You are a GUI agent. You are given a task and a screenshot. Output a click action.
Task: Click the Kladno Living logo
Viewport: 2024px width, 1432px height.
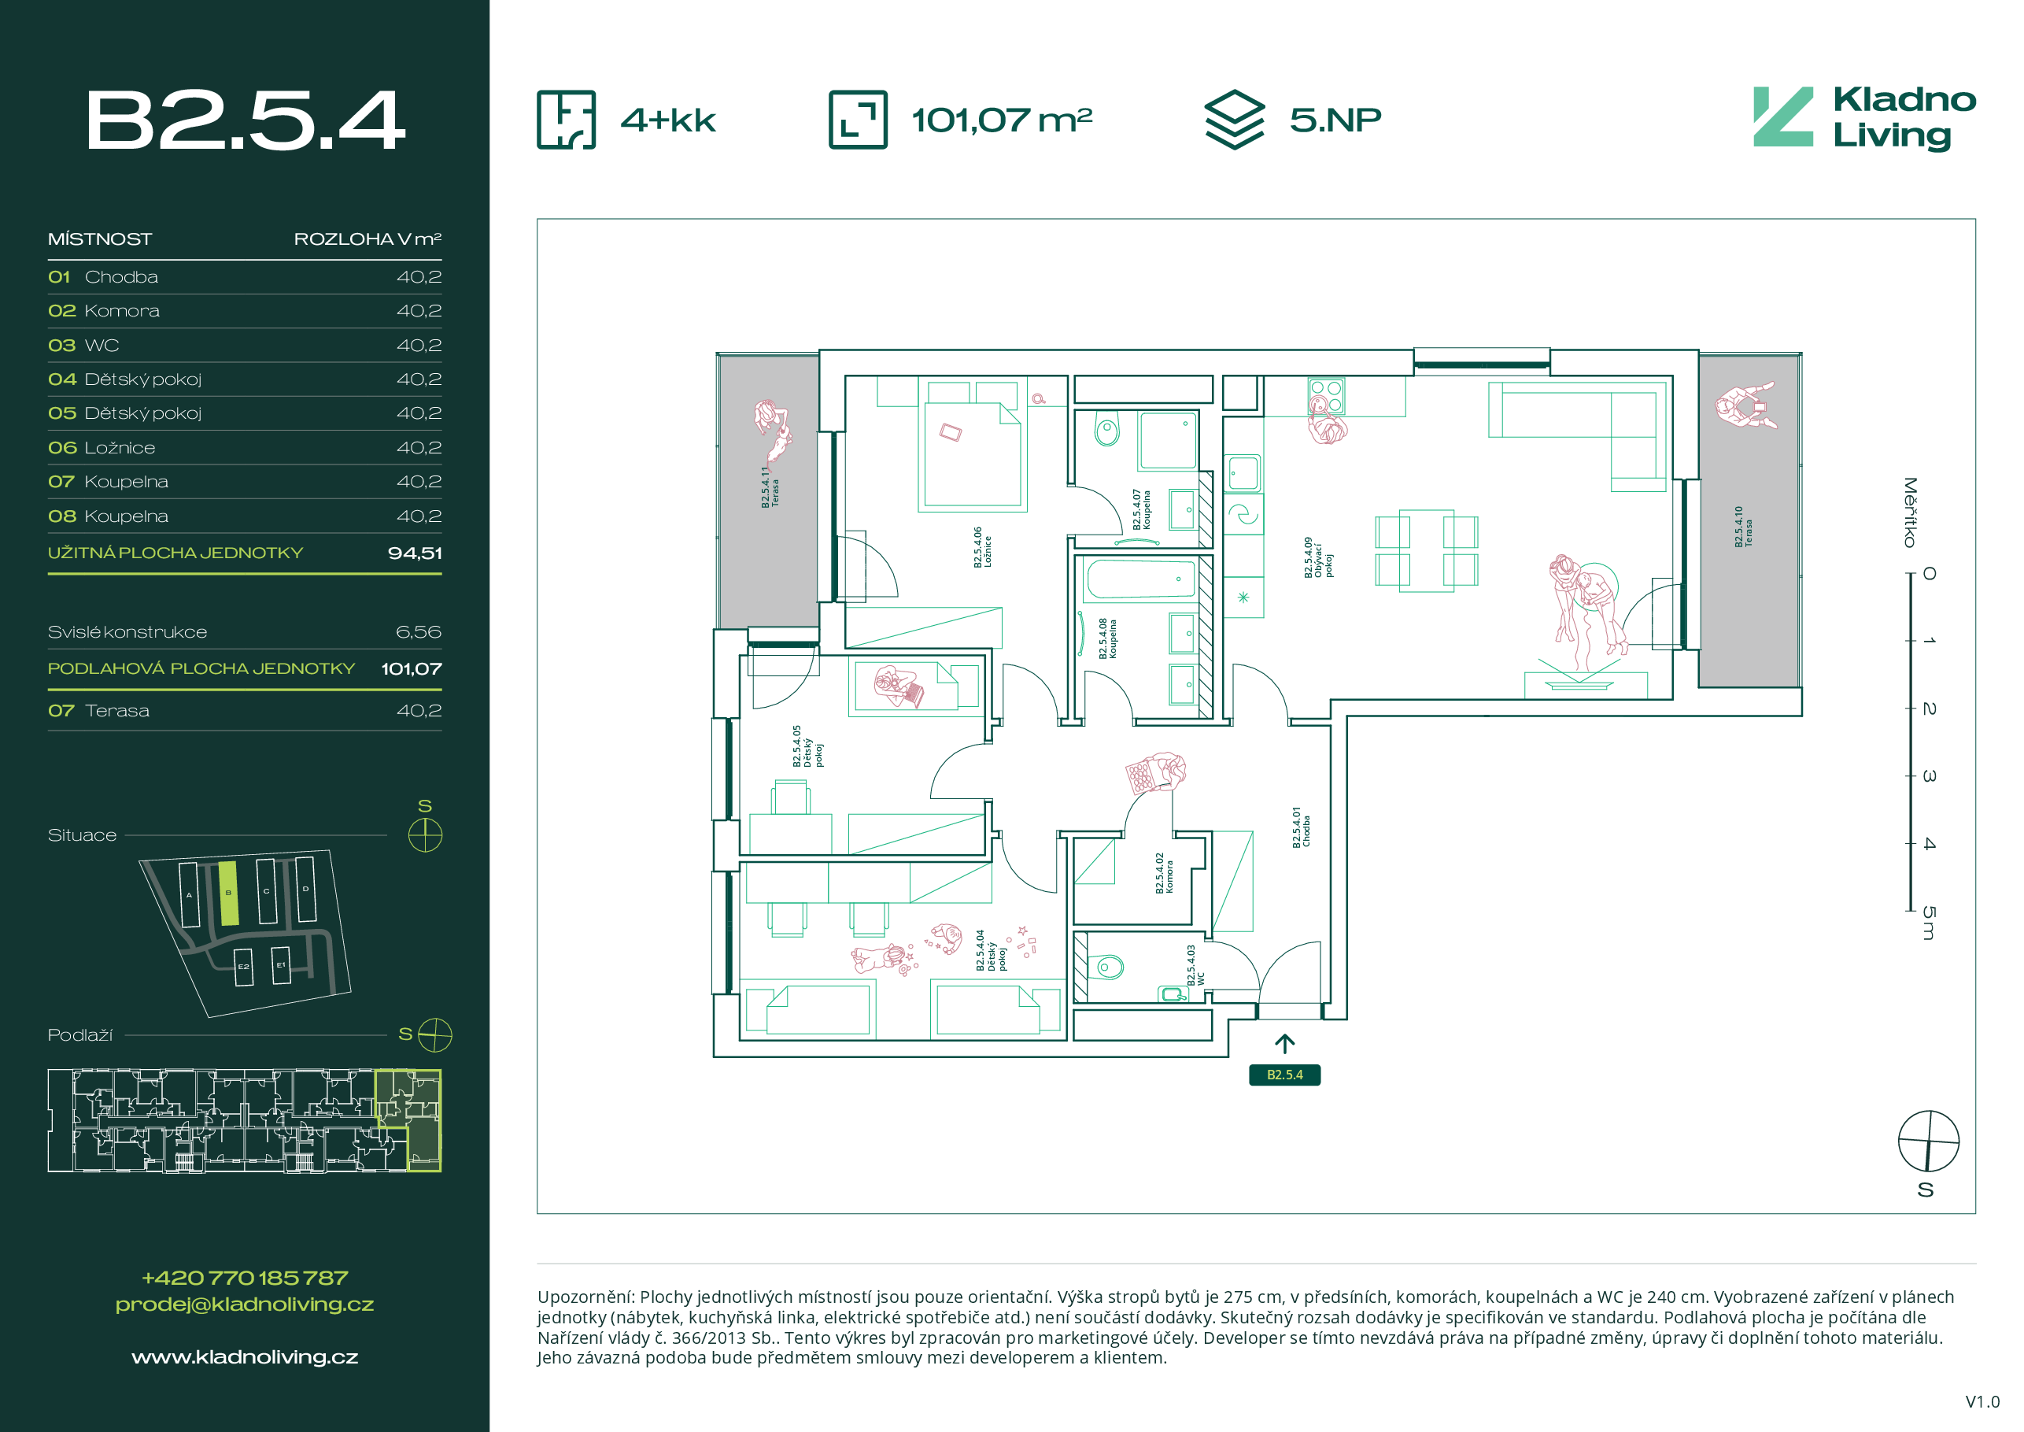point(1864,118)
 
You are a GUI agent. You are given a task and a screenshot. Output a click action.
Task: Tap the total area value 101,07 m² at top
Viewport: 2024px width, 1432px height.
point(1002,120)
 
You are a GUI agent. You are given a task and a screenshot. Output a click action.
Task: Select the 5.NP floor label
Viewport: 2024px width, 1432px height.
point(1335,120)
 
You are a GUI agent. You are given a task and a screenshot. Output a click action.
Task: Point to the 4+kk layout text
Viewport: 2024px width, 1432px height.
point(668,120)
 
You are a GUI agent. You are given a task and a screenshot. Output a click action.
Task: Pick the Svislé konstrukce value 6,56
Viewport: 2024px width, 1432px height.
point(419,632)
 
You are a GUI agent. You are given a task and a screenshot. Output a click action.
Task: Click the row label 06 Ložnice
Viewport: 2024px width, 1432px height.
point(102,448)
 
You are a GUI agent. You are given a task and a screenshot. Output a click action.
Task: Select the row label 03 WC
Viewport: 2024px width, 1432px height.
point(83,346)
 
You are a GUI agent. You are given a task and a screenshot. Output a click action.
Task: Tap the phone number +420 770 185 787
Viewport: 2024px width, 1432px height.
point(245,1278)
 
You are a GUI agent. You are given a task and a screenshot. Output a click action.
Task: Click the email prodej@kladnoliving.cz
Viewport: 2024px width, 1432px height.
point(245,1304)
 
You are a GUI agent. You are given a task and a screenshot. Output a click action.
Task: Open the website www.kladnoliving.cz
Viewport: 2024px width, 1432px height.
point(245,1357)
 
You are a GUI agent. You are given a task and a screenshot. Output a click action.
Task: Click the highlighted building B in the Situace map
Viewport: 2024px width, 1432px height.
point(228,894)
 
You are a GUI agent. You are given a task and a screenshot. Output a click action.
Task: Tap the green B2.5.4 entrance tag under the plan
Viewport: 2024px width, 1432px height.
point(1284,1075)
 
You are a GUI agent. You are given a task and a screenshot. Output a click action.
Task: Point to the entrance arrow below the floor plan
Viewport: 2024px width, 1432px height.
point(1284,1044)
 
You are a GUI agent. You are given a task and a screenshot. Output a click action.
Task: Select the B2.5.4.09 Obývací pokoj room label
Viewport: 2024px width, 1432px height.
point(1318,558)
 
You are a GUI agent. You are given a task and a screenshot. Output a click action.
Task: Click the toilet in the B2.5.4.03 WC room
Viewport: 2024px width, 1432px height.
point(1106,968)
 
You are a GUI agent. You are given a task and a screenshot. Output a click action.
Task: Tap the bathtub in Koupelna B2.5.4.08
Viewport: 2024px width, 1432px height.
point(1141,579)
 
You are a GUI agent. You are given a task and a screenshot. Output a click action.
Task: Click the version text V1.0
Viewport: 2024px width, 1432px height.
point(1982,1401)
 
